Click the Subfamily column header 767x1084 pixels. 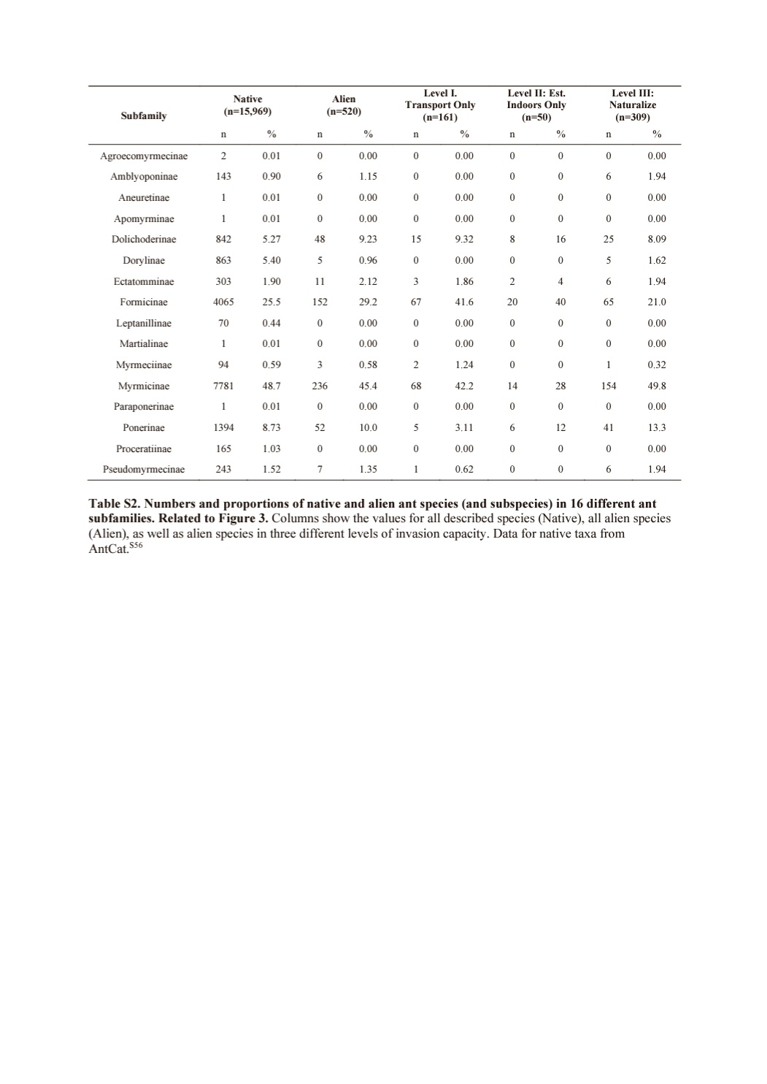(144, 115)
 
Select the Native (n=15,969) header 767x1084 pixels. (247, 105)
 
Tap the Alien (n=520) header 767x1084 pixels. (344, 105)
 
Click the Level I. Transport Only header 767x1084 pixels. (440, 104)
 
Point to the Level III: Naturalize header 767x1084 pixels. (632, 104)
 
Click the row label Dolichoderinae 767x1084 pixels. (144, 239)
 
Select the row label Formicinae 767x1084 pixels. (144, 302)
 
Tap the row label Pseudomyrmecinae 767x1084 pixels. (144, 469)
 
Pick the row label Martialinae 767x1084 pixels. (144, 343)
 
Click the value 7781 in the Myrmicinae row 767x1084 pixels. (223, 386)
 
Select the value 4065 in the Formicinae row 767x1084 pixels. (223, 302)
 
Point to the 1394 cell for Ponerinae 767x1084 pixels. (223, 427)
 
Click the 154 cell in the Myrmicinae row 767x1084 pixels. (609, 386)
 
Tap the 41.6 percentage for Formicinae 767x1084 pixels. (464, 302)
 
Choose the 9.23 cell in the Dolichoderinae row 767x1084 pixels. (368, 239)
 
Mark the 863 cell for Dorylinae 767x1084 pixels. (223, 260)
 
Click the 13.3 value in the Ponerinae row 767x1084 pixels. (657, 427)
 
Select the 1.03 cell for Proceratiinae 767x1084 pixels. (271, 449)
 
